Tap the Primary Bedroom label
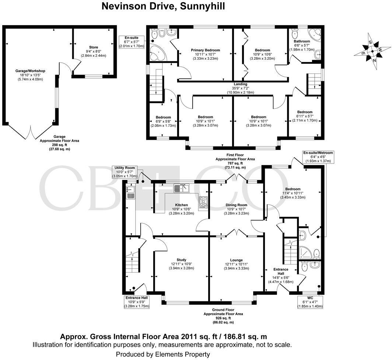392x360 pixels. (x=205, y=54)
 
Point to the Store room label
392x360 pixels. (x=94, y=51)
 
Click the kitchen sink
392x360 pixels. (x=182, y=188)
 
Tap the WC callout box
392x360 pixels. (x=310, y=301)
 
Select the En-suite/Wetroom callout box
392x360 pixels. (x=318, y=157)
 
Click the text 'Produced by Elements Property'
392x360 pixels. (x=163, y=354)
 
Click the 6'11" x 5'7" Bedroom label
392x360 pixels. (x=305, y=116)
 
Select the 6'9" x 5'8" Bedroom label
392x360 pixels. (x=163, y=121)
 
